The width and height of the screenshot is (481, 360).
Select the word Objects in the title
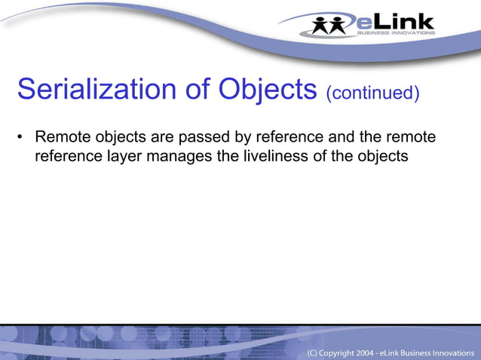point(268,90)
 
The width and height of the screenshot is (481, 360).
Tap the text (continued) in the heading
point(372,93)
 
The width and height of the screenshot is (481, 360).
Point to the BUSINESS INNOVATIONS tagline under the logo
point(395,32)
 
